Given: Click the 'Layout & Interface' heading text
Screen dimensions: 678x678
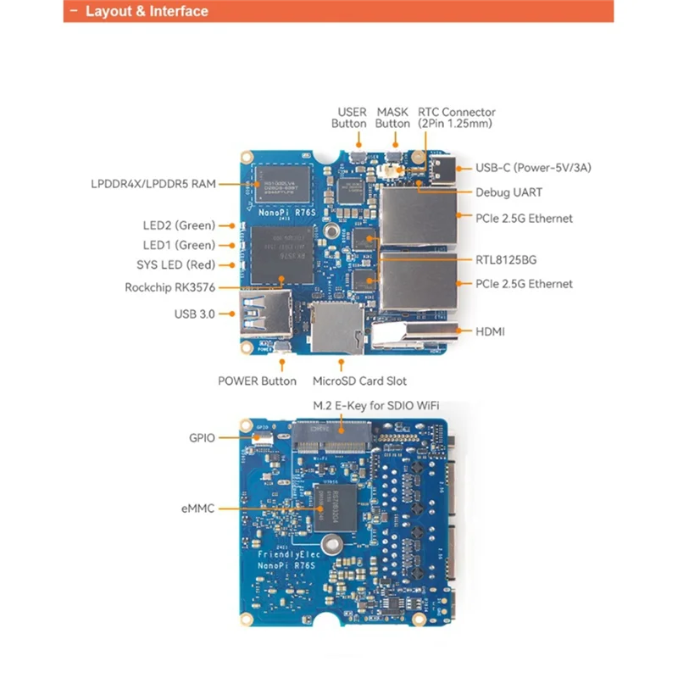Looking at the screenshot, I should click(146, 11).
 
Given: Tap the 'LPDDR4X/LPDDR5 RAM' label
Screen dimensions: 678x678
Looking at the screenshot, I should click(153, 183).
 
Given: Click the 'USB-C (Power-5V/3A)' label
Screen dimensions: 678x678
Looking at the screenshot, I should click(533, 168).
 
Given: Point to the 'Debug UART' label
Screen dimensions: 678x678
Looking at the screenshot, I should click(508, 192).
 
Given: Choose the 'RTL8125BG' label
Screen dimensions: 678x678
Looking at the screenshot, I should click(506, 259).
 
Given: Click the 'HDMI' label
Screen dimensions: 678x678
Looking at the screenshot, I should click(490, 331).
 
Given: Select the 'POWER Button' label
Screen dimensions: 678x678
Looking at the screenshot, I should click(258, 381).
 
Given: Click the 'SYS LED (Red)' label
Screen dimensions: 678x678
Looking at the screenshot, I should click(175, 265).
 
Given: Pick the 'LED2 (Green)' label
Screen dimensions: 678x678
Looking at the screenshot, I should click(179, 225).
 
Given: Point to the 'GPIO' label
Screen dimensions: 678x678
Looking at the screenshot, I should click(202, 438).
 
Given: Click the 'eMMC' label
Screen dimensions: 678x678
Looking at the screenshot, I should click(197, 508).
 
